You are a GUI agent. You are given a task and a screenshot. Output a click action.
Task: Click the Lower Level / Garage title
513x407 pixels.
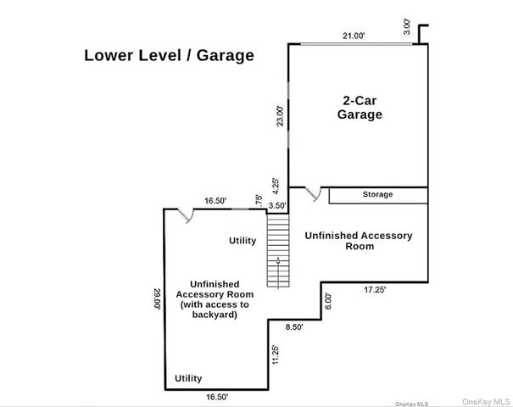click(x=169, y=55)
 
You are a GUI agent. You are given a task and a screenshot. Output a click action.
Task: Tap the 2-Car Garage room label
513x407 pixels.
click(x=360, y=108)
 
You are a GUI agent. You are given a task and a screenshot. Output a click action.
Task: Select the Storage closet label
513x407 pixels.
click(x=377, y=194)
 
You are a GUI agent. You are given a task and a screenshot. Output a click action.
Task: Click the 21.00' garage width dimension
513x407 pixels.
click(x=354, y=36)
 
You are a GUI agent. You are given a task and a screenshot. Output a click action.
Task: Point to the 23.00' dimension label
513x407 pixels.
click(x=281, y=116)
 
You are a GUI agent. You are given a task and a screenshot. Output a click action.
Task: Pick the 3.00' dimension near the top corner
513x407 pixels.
click(x=407, y=27)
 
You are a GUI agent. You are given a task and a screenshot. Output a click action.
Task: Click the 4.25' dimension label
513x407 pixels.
click(x=276, y=187)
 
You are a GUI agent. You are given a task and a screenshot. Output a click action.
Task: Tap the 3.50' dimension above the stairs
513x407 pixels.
click(x=277, y=205)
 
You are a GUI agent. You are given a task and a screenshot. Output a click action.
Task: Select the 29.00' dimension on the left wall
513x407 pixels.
click(x=157, y=298)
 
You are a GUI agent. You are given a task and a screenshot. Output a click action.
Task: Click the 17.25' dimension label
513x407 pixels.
click(x=375, y=289)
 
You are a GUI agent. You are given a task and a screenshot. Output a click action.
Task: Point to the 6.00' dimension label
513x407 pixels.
click(x=328, y=301)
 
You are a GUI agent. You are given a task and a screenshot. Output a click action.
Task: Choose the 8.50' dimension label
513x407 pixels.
click(x=294, y=326)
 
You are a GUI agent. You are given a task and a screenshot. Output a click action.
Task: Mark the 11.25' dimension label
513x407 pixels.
click(x=276, y=354)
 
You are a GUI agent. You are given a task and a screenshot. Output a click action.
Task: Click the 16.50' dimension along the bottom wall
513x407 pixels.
click(x=217, y=397)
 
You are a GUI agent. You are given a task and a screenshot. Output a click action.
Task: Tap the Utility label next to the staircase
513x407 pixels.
click(x=243, y=241)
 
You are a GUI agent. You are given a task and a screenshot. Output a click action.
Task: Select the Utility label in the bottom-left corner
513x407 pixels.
click(x=188, y=378)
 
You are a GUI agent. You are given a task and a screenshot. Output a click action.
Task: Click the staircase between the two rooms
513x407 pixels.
click(x=278, y=250)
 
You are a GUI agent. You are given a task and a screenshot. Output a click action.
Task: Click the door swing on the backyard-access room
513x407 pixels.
click(x=186, y=216)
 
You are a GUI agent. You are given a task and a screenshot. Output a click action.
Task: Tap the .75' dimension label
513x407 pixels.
click(x=259, y=201)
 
